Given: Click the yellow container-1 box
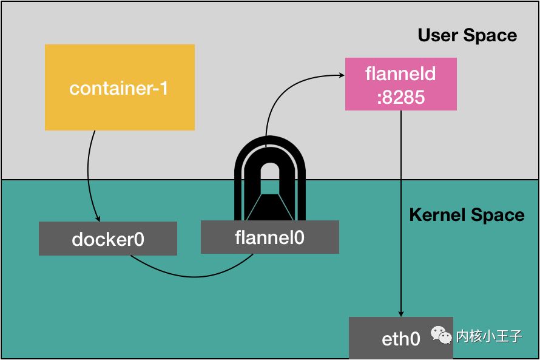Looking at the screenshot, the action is pos(120,87).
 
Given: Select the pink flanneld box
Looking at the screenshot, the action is pos(401,84).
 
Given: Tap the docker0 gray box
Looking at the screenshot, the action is pos(108,239).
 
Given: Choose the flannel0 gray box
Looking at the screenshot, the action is pos(269,237).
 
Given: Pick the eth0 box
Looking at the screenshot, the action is pos(401,338).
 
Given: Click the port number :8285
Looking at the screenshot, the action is pos(401,97).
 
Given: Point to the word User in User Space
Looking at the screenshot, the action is pos(438,35).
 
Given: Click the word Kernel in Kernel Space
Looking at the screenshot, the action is pos(437,215).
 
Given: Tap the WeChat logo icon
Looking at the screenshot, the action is pos(441,335).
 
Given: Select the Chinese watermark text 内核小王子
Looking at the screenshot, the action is pos(489,336).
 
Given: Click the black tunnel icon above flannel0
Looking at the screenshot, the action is pos(269,178).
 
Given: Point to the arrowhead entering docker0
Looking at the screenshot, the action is pos(98,219).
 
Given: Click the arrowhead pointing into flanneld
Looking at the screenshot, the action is pos(341,75).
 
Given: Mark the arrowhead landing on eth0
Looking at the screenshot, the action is pos(401,314).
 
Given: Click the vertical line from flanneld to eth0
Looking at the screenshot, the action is pos(401,214).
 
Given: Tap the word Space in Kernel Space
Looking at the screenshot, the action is pos(498,216).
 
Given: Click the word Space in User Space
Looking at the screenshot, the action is pos(490,35).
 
